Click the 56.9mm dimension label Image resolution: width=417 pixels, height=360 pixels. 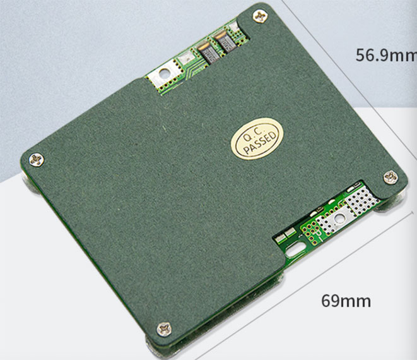(x=386, y=56)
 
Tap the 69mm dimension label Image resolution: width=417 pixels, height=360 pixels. (x=346, y=301)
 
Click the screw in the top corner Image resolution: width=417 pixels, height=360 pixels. (x=261, y=16)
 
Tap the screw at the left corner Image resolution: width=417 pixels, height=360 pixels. (x=37, y=160)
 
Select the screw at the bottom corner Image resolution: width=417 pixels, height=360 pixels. (x=164, y=329)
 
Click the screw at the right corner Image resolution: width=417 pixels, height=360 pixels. (x=391, y=177)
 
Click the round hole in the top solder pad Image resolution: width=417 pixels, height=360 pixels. (x=165, y=72)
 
